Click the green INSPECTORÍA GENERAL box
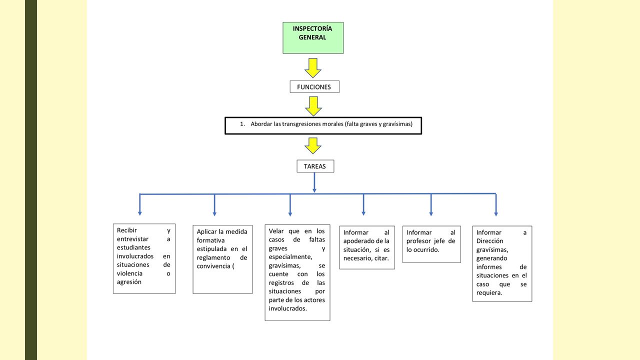point(313,37)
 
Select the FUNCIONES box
point(314,87)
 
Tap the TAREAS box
point(315,166)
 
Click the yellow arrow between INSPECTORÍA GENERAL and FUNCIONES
point(313,68)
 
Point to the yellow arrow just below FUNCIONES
point(313,106)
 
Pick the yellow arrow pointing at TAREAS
point(313,145)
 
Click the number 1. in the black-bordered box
point(242,124)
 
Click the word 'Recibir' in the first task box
point(127,230)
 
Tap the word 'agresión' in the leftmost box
point(129,282)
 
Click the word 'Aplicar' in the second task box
point(206,231)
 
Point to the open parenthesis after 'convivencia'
point(233,266)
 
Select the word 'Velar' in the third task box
point(276,231)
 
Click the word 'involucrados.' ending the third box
point(287,308)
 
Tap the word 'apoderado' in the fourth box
point(359,241)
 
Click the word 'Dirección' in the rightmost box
point(489,241)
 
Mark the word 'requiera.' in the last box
point(489,293)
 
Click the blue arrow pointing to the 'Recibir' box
point(139,204)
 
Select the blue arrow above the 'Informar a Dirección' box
point(496,204)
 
